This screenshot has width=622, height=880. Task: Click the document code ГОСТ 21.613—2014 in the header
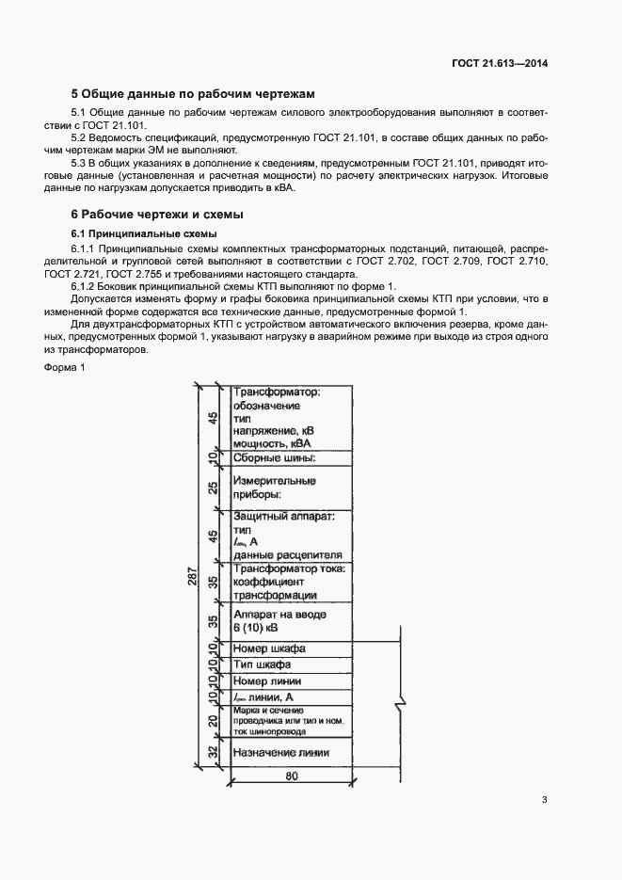click(500, 64)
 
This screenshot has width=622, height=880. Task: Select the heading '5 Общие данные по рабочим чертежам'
click(193, 94)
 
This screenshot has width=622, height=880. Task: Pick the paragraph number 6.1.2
click(88, 286)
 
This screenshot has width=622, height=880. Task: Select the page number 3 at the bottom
click(544, 801)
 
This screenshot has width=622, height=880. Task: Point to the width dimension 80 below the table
click(292, 777)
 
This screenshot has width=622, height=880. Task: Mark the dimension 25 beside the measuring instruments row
click(214, 488)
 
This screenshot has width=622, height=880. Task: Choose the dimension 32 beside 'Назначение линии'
click(214, 751)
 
